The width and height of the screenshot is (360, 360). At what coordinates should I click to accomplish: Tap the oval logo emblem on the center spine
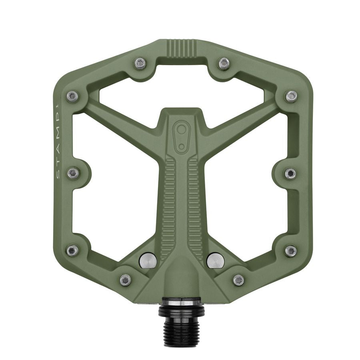[182, 137]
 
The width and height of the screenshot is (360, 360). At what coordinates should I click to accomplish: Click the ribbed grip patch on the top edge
[182, 48]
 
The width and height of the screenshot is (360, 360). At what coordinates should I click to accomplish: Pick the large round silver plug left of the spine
[148, 260]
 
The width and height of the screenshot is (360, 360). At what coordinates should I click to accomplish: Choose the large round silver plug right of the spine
[215, 260]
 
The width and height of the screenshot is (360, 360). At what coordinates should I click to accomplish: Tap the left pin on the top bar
[140, 63]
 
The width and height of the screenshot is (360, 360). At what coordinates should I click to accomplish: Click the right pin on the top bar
[224, 63]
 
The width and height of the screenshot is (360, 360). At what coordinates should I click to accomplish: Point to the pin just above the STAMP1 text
[72, 96]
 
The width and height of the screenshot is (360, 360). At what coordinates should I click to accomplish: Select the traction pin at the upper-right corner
[291, 96]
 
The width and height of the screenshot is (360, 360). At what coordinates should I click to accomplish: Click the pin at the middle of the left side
[73, 173]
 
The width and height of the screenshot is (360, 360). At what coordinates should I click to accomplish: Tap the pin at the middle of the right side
[290, 173]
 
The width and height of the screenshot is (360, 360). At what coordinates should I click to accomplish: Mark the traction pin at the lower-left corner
[72, 251]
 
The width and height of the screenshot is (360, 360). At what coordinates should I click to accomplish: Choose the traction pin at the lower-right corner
[291, 251]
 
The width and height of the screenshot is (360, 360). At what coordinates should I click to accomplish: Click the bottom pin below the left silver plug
[125, 279]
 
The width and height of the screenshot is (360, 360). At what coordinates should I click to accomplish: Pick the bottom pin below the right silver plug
[238, 279]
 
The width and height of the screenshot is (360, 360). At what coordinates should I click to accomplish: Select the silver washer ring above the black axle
[181, 303]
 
